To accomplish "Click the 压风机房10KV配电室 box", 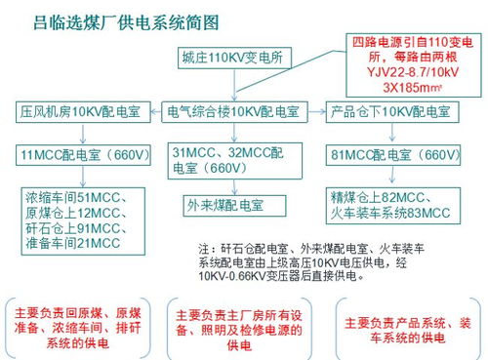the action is tap(79, 111).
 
